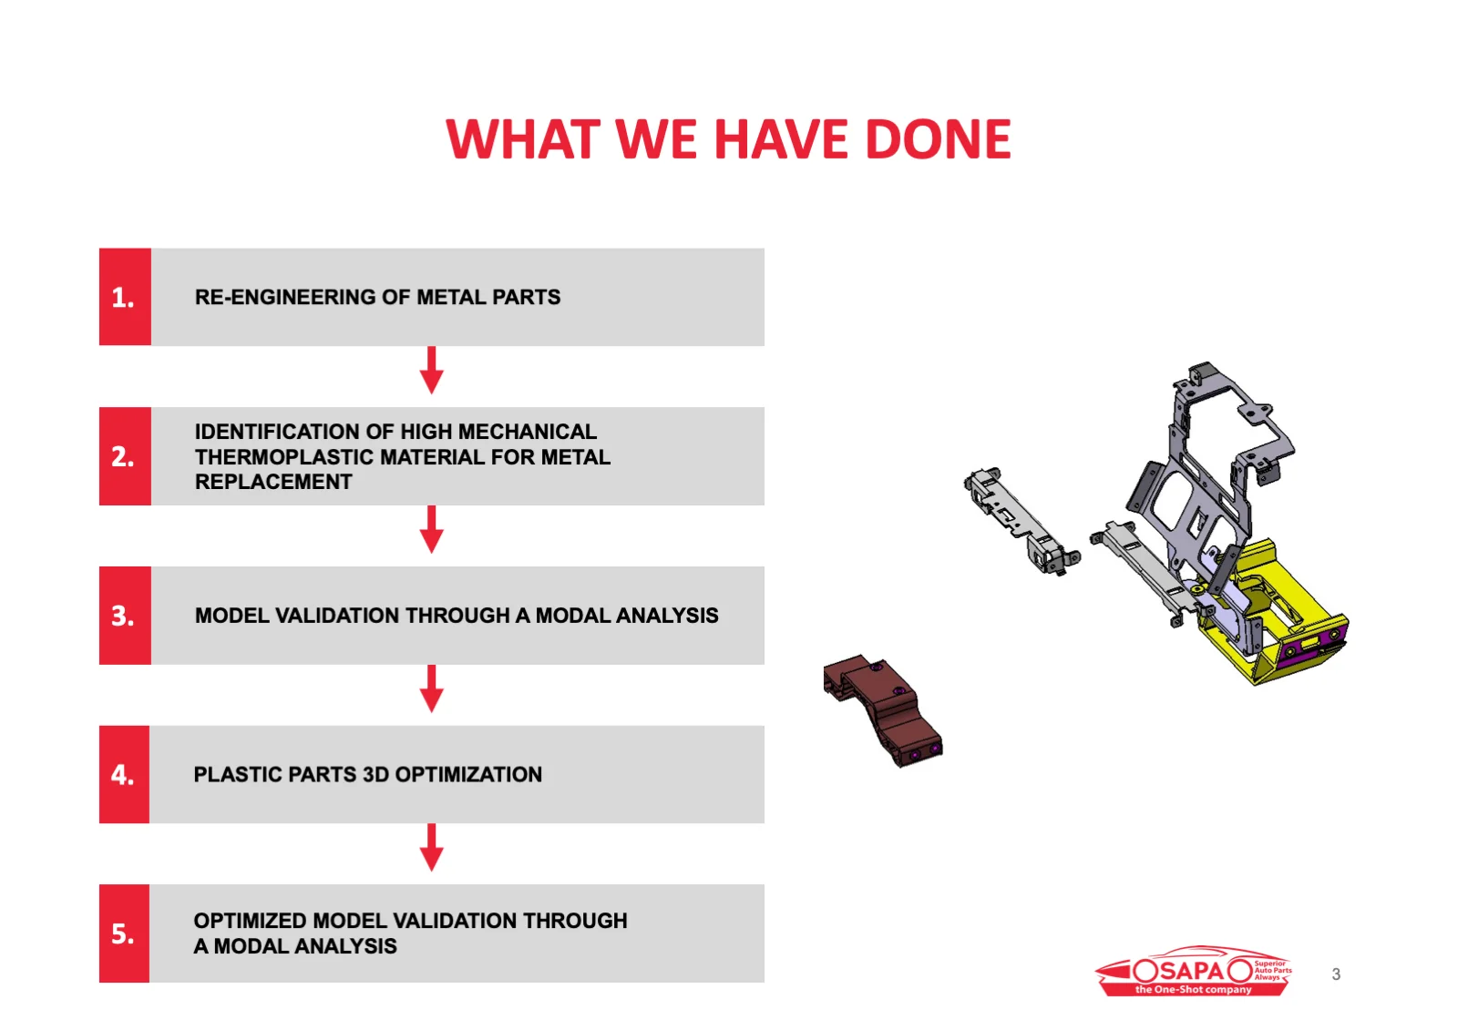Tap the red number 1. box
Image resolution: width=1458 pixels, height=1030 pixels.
(125, 297)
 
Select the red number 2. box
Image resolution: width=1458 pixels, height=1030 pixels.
(125, 456)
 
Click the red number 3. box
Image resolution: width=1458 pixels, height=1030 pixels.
(125, 616)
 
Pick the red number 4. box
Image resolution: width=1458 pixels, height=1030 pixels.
(124, 774)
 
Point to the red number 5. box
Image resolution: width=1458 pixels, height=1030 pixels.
(124, 933)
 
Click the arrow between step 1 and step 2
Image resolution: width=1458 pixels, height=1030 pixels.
(432, 370)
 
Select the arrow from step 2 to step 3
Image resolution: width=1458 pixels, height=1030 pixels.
(432, 529)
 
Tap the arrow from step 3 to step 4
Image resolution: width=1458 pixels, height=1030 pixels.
(432, 688)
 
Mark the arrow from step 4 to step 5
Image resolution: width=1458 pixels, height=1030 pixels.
(432, 847)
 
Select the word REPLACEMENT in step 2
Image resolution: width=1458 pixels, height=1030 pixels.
(273, 482)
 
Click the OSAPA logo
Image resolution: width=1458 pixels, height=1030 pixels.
(1194, 971)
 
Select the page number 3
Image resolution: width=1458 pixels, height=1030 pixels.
(1336, 974)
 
